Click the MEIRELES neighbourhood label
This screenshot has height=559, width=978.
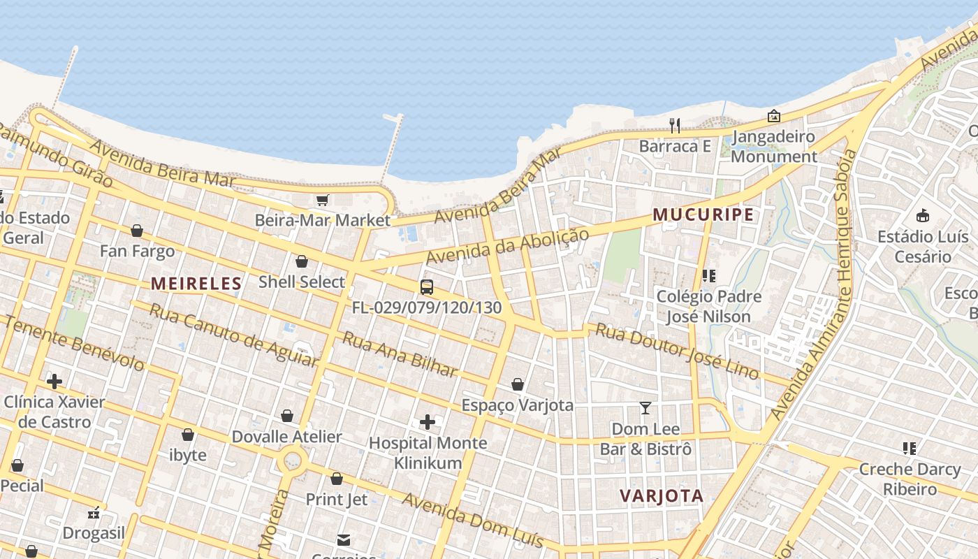click(x=196, y=284)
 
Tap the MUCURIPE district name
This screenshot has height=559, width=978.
click(x=703, y=215)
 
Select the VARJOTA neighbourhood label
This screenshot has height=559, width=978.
click(x=662, y=496)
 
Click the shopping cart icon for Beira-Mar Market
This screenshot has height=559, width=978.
click(x=322, y=201)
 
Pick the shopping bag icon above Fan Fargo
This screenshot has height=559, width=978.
click(x=137, y=231)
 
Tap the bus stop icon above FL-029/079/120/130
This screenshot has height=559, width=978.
click(x=426, y=286)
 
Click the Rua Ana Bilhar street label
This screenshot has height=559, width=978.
click(x=400, y=354)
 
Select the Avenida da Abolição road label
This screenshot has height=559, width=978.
click(x=508, y=246)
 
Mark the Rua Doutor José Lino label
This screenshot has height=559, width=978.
click(x=676, y=351)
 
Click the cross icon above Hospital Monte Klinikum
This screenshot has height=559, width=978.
click(x=428, y=422)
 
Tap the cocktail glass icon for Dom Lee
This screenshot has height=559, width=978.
click(x=645, y=407)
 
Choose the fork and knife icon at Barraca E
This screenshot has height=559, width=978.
click(x=675, y=125)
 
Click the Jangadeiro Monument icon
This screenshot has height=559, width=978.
click(x=773, y=116)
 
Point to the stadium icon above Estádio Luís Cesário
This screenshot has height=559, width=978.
click(x=923, y=215)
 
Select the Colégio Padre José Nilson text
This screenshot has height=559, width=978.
click(x=708, y=306)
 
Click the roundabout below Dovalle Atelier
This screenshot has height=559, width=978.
click(x=292, y=461)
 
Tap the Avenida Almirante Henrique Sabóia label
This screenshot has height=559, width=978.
click(x=813, y=285)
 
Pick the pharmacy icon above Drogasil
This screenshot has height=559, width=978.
click(x=94, y=514)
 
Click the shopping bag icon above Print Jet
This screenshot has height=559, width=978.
click(x=337, y=479)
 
